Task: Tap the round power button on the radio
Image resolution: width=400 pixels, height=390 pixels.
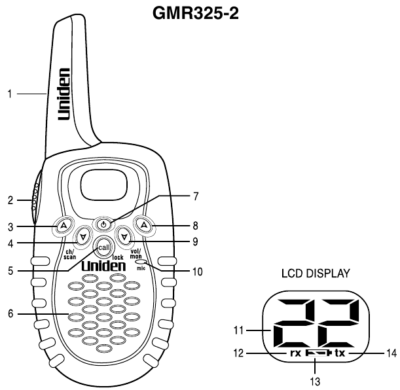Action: click(x=103, y=224)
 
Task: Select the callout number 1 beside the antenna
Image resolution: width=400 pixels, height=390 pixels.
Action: click(x=10, y=94)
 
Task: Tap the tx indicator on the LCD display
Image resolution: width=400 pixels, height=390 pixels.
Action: click(x=339, y=353)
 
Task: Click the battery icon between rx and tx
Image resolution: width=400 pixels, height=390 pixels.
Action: click(x=317, y=353)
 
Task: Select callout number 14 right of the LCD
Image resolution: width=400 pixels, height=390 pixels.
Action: click(x=391, y=353)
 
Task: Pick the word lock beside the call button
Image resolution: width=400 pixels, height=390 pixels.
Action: click(x=118, y=257)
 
